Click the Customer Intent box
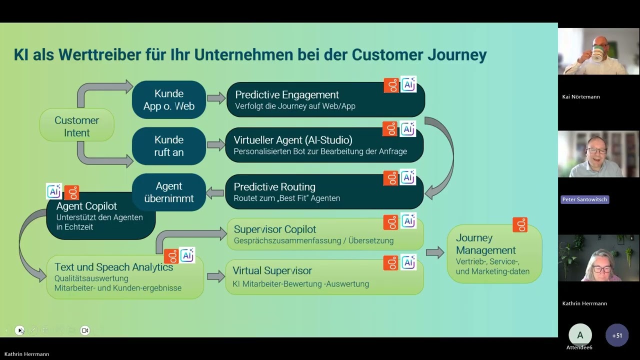pos(76,126)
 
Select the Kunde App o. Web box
pos(169,99)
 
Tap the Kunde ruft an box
pos(169,145)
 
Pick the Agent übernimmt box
pos(169,192)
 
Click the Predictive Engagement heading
pos(287,94)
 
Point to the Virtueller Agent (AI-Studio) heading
pos(293,139)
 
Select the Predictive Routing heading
pos(274,186)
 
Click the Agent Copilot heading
pos(86,206)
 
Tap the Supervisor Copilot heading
pos(275,229)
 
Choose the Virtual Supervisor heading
pos(272,270)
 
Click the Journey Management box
pos(494,254)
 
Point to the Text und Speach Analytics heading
pos(113,267)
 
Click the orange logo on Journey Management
pos(520,225)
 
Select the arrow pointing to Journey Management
pos(434,252)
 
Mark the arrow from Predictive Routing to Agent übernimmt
pos(215,192)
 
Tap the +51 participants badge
pos(617,335)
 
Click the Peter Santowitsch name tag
pos(584,199)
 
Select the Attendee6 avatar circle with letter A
pos(580,335)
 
